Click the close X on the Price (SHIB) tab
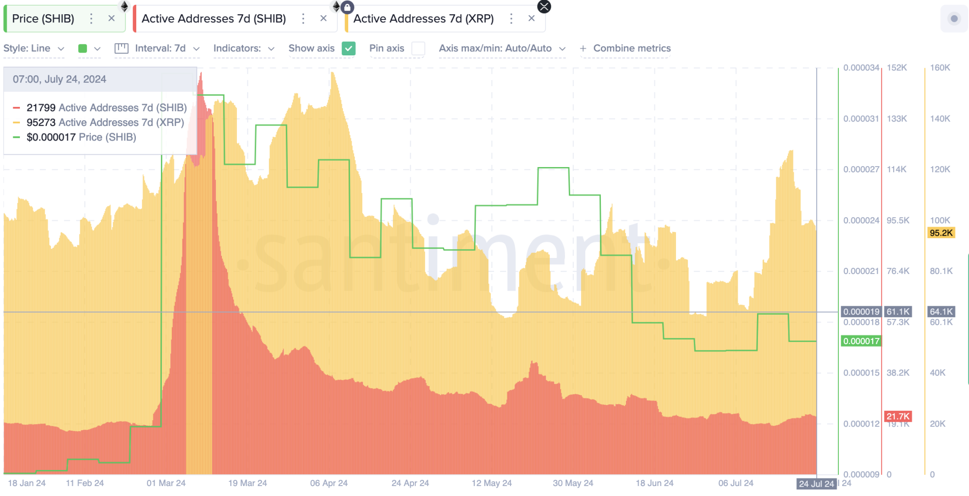pos(112,18)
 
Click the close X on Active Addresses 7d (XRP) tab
pos(531,18)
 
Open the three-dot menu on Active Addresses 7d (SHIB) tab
pos(303,18)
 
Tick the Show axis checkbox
pos(349,48)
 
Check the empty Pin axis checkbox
pos(418,48)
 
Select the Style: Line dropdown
pos(34,48)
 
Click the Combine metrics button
pos(625,48)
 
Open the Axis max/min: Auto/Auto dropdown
pos(502,48)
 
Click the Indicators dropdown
pos(244,48)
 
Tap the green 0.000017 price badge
pos(861,341)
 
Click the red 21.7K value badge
pos(898,416)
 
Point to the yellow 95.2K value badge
pos(941,233)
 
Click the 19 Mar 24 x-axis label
pos(247,483)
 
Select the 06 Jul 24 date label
pos(736,483)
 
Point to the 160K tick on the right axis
pos(940,68)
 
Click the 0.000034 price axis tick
pos(861,68)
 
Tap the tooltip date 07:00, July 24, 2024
pos(60,79)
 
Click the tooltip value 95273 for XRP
pos(41,123)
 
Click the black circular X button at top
pos(544,7)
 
